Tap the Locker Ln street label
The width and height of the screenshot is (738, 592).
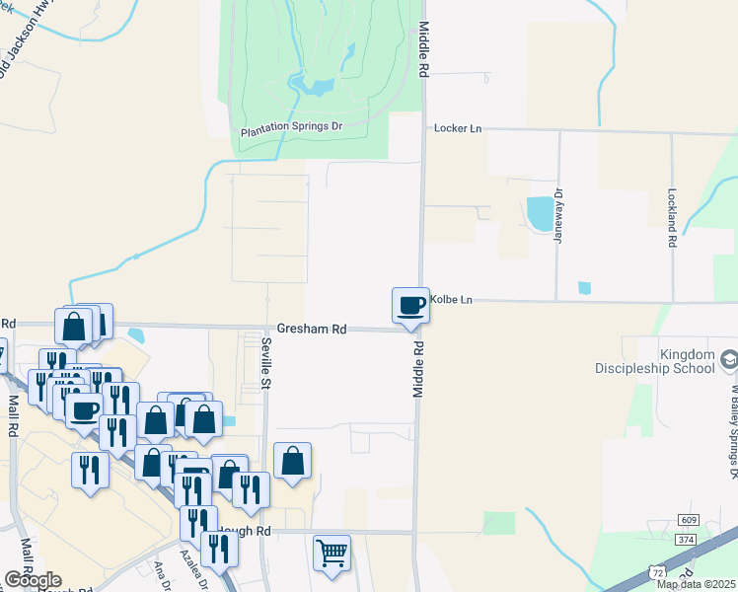[x=458, y=128]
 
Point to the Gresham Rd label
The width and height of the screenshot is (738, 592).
[x=311, y=329]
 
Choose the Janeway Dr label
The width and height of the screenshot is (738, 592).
[x=557, y=217]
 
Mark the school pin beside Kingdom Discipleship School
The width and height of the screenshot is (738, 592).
[x=729, y=362]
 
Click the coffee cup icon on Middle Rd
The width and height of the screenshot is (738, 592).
[x=410, y=306]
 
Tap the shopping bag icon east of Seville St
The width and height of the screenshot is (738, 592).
[x=293, y=461]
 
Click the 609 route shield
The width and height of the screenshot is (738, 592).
[x=688, y=520]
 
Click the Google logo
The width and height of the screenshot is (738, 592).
[x=33, y=580]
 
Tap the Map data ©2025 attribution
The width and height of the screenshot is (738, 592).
[x=696, y=584]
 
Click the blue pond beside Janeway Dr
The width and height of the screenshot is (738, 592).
[x=540, y=213]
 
